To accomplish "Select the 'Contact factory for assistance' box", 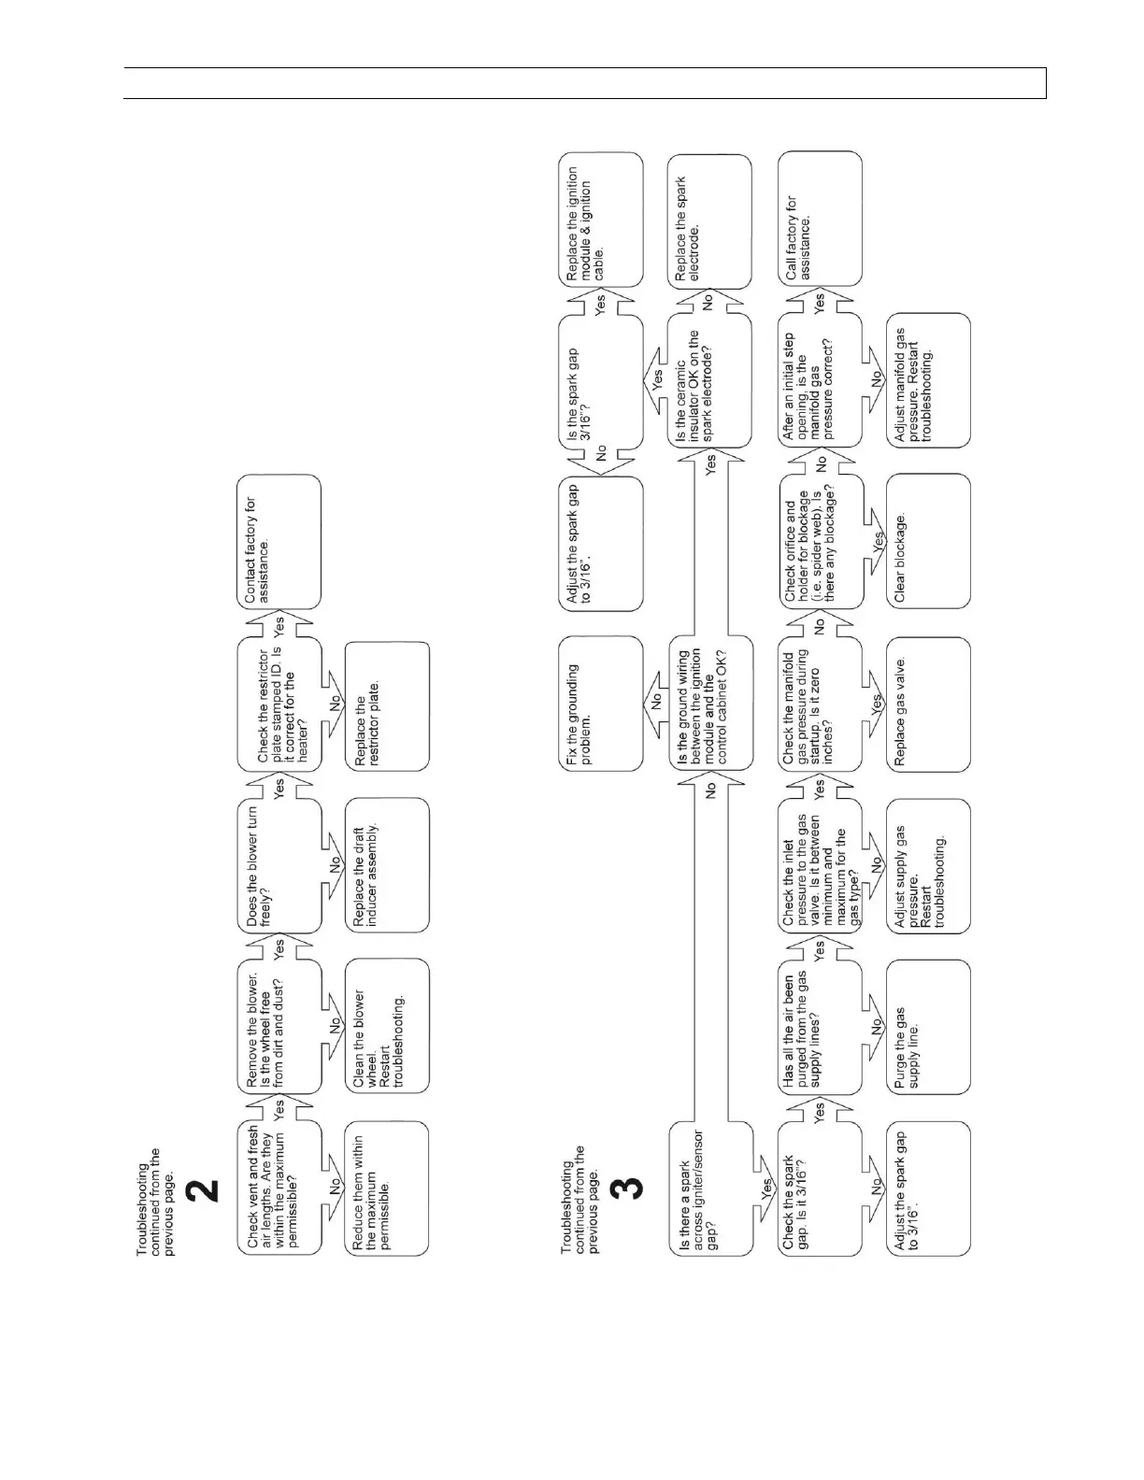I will pyautogui.click(x=279, y=542).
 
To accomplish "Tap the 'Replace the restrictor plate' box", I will pyautogui.click(x=387, y=705).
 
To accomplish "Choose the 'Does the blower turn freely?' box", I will pyautogui.click(x=279, y=866).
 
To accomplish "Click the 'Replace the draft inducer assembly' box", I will pyautogui.click(x=387, y=866).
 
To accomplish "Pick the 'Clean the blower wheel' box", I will pyautogui.click(x=387, y=1026).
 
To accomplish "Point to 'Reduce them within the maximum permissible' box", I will pyautogui.click(x=387, y=1188).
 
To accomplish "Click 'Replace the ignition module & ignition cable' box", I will pyautogui.click(x=601, y=220).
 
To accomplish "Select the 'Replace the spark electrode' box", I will pyautogui.click(x=709, y=220).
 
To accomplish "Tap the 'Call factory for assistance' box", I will pyautogui.click(x=820, y=220).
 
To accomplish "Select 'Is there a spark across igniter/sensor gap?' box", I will pyautogui.click(x=709, y=1188).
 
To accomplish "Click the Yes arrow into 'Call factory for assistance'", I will pyautogui.click(x=820, y=301).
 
